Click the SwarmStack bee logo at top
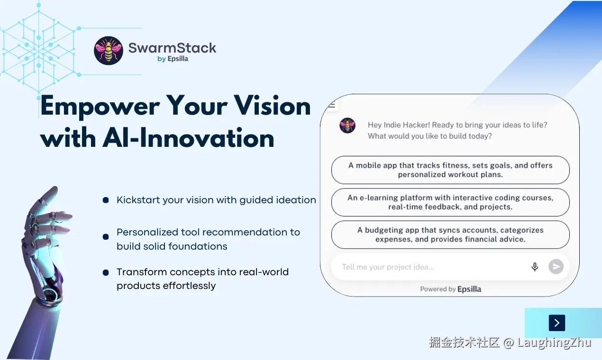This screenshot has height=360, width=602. click(x=109, y=51)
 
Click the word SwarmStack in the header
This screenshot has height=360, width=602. click(x=172, y=48)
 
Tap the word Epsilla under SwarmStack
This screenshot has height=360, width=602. click(x=178, y=59)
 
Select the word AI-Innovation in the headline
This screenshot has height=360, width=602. click(x=188, y=138)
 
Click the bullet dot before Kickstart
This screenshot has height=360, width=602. click(x=106, y=200)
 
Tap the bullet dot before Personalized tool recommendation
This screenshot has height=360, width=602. click(x=106, y=236)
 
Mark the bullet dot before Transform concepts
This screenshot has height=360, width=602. click(x=106, y=272)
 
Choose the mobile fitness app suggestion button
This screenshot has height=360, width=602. click(x=450, y=170)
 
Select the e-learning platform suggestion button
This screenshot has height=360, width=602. click(x=450, y=202)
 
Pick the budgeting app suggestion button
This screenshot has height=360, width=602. click(x=450, y=234)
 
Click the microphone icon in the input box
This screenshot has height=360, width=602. click(x=535, y=267)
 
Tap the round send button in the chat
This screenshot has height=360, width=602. click(x=556, y=267)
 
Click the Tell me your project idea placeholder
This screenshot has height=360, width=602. click(x=388, y=267)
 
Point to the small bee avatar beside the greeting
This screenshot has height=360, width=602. click(x=347, y=126)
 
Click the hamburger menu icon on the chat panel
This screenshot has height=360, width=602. click(x=332, y=105)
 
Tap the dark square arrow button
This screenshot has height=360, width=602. click(x=556, y=323)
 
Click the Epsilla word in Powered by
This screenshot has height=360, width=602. click(x=469, y=289)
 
